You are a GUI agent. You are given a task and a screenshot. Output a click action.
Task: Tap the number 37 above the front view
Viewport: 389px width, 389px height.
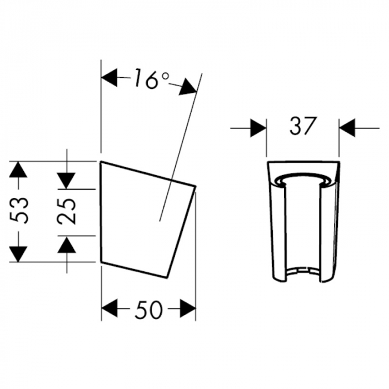(302, 127)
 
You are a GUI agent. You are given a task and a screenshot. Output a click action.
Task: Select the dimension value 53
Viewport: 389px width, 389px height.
(20, 211)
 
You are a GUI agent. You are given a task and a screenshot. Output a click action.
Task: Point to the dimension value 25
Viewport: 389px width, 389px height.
(67, 211)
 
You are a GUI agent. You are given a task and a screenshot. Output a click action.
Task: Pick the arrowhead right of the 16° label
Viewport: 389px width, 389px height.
(187, 86)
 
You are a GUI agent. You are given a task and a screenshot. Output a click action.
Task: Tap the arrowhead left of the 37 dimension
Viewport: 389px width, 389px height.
(257, 128)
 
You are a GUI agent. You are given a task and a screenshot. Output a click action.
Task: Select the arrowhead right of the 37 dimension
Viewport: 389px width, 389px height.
(348, 128)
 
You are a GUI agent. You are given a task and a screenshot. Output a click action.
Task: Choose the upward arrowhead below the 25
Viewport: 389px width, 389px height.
(67, 245)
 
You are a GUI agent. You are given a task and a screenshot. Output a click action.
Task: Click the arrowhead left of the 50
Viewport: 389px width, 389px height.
(110, 308)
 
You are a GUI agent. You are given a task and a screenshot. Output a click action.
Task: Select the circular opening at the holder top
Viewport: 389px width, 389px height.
(302, 179)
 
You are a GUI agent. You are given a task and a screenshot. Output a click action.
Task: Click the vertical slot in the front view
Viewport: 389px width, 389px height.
(303, 228)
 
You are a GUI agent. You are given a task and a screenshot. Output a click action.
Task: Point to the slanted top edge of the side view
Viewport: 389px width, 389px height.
(148, 173)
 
